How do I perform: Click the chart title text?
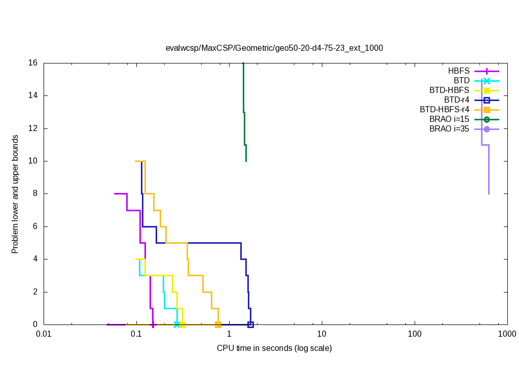(274, 48)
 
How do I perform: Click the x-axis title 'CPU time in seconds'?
(274, 348)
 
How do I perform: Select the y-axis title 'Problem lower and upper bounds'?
(15, 194)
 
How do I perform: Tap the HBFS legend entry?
(459, 71)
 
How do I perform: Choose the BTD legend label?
(461, 81)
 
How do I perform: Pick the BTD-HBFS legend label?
(449, 90)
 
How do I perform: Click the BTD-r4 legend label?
(456, 100)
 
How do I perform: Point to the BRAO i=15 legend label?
(449, 119)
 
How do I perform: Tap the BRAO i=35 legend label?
(449, 129)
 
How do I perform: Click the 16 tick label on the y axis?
(33, 63)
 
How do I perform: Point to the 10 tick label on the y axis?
(33, 161)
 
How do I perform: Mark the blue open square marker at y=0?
(250, 324)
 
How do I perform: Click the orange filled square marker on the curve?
(218, 324)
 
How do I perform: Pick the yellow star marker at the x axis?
(182, 324)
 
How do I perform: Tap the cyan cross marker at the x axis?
(177, 324)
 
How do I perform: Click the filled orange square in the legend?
(487, 110)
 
